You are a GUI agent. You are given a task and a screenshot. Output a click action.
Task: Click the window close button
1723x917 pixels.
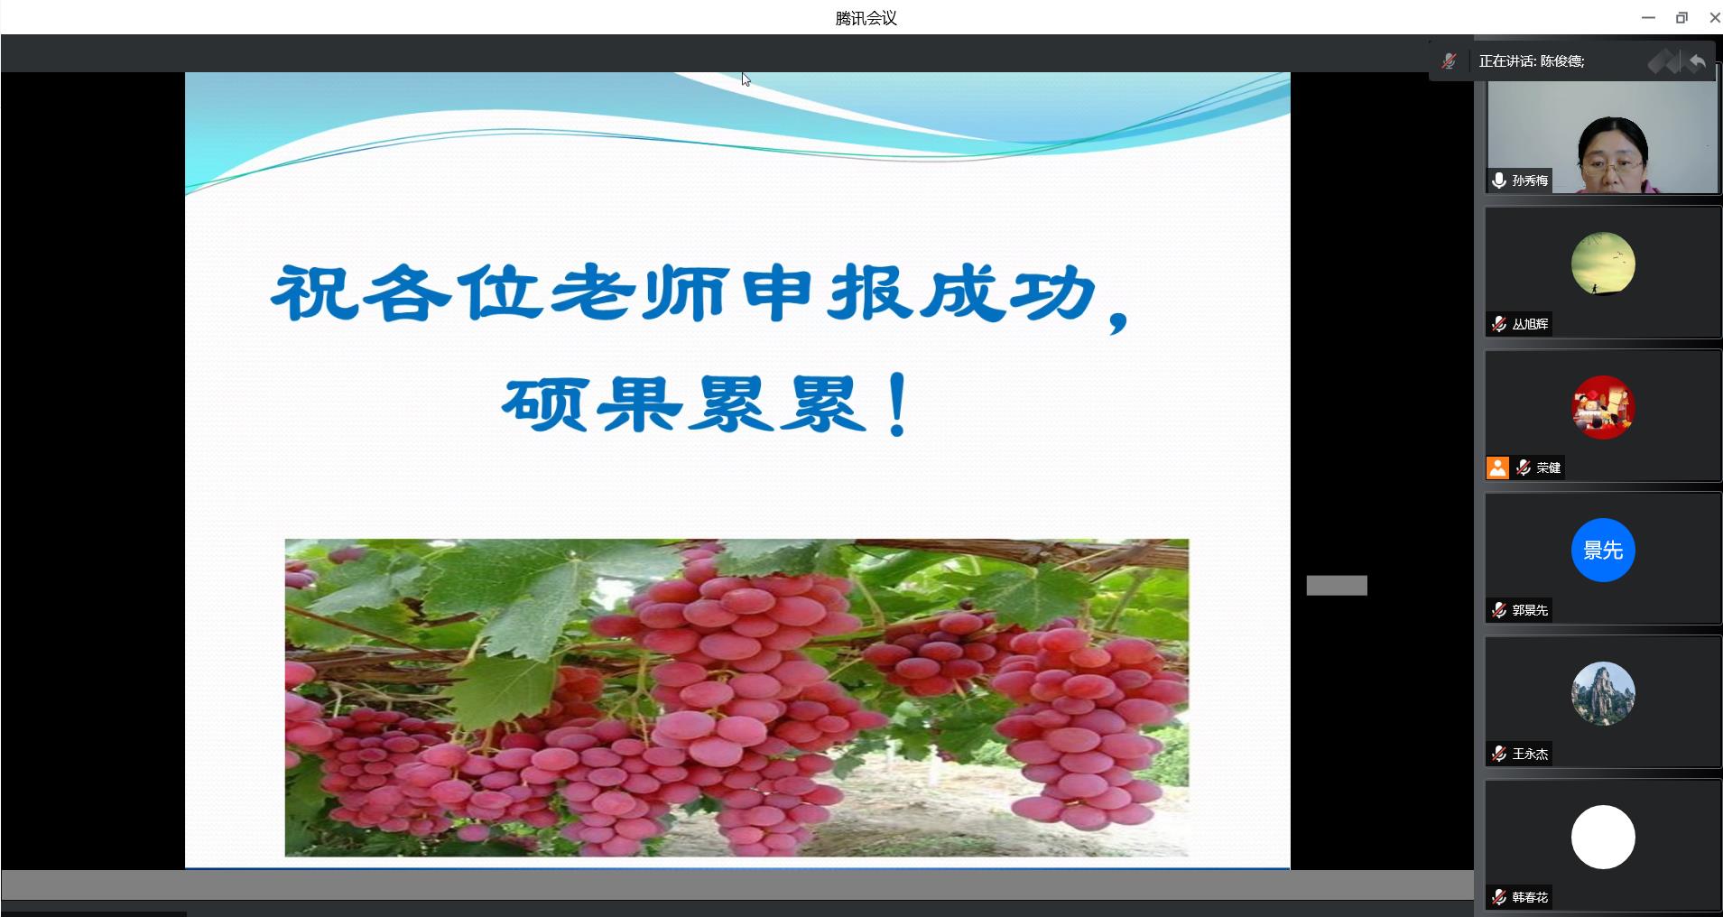1715,17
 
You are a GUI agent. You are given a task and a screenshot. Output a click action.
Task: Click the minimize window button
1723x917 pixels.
1648,18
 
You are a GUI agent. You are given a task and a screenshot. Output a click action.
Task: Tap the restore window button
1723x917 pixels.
1681,17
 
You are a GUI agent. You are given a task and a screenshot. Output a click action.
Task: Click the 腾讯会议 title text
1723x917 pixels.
866,18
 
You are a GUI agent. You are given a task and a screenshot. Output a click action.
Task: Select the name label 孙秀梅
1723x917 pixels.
1530,181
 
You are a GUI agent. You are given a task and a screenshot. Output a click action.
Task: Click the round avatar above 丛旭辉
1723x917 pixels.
1603,264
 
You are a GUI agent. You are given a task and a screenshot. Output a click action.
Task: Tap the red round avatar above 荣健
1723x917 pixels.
1603,407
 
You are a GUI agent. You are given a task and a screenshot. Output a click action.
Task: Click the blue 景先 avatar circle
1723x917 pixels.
1603,550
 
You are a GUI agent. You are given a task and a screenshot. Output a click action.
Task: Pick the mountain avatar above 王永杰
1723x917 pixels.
1603,693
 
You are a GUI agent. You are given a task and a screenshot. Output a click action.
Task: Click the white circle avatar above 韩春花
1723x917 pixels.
1603,837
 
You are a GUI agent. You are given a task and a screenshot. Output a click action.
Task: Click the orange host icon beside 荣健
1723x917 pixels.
1497,468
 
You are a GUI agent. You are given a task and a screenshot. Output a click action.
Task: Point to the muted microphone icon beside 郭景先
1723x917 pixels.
1499,610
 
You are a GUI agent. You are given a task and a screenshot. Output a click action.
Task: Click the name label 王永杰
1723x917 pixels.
1530,754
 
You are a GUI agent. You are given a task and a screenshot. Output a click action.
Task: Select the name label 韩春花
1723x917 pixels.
1530,897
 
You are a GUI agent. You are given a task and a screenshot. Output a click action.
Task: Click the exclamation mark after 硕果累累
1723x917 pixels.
898,405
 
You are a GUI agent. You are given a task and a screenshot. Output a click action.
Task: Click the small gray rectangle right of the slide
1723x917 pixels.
1337,586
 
